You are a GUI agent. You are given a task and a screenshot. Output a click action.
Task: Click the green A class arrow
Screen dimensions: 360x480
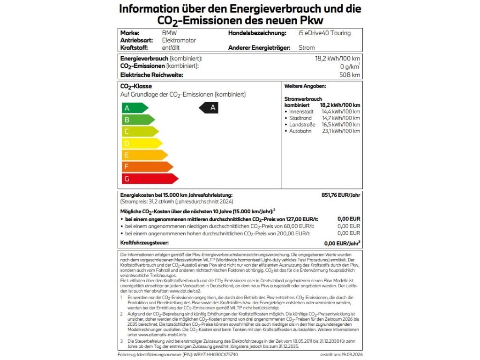point(134,108)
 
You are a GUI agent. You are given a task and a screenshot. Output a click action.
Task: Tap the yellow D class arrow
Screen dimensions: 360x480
point(141,143)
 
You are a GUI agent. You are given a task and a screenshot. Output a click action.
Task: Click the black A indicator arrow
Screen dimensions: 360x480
point(209,108)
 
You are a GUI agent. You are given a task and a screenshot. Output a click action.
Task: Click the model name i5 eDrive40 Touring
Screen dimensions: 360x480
point(324,33)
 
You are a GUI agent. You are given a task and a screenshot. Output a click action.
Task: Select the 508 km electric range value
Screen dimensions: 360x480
point(350,75)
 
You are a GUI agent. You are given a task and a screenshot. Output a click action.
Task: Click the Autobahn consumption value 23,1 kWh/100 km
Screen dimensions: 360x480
point(341,131)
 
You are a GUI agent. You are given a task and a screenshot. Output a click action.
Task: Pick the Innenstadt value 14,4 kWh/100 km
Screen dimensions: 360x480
point(341,112)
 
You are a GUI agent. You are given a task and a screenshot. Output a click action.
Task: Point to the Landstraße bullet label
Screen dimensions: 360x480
point(302,125)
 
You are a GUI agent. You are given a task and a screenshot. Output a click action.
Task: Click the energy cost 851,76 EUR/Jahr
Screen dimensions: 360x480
point(339,195)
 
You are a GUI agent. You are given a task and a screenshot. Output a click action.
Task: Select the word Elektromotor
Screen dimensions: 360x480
point(179,40)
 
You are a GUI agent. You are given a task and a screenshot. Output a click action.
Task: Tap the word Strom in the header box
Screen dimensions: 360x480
point(307,48)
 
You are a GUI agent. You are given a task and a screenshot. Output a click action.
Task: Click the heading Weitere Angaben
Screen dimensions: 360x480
point(305,87)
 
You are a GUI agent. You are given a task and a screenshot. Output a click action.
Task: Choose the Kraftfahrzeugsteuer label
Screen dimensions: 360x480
point(144,243)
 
